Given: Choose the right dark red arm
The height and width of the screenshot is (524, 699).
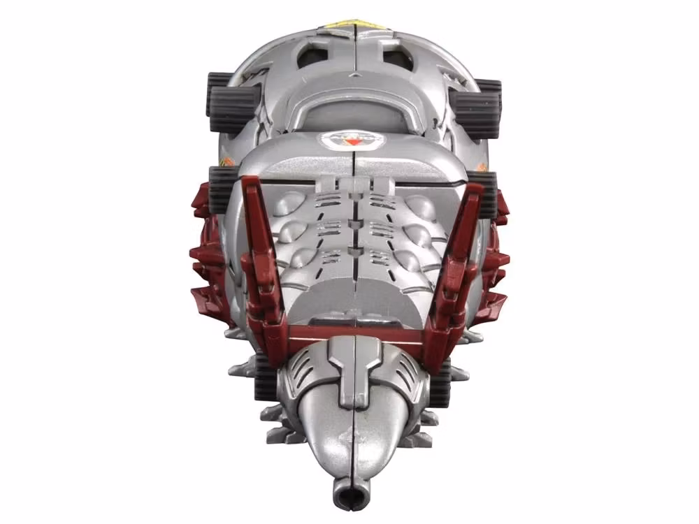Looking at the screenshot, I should (454, 252).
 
